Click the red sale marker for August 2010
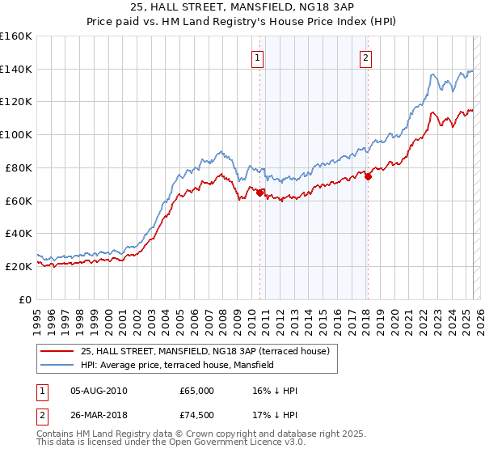click(259, 193)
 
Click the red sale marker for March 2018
click(368, 177)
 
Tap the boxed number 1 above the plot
click(257, 57)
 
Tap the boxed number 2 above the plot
click(366, 57)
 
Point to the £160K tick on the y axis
click(16, 36)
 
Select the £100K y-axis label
click(16, 134)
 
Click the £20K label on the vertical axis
click(19, 265)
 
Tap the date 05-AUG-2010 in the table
click(99, 391)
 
